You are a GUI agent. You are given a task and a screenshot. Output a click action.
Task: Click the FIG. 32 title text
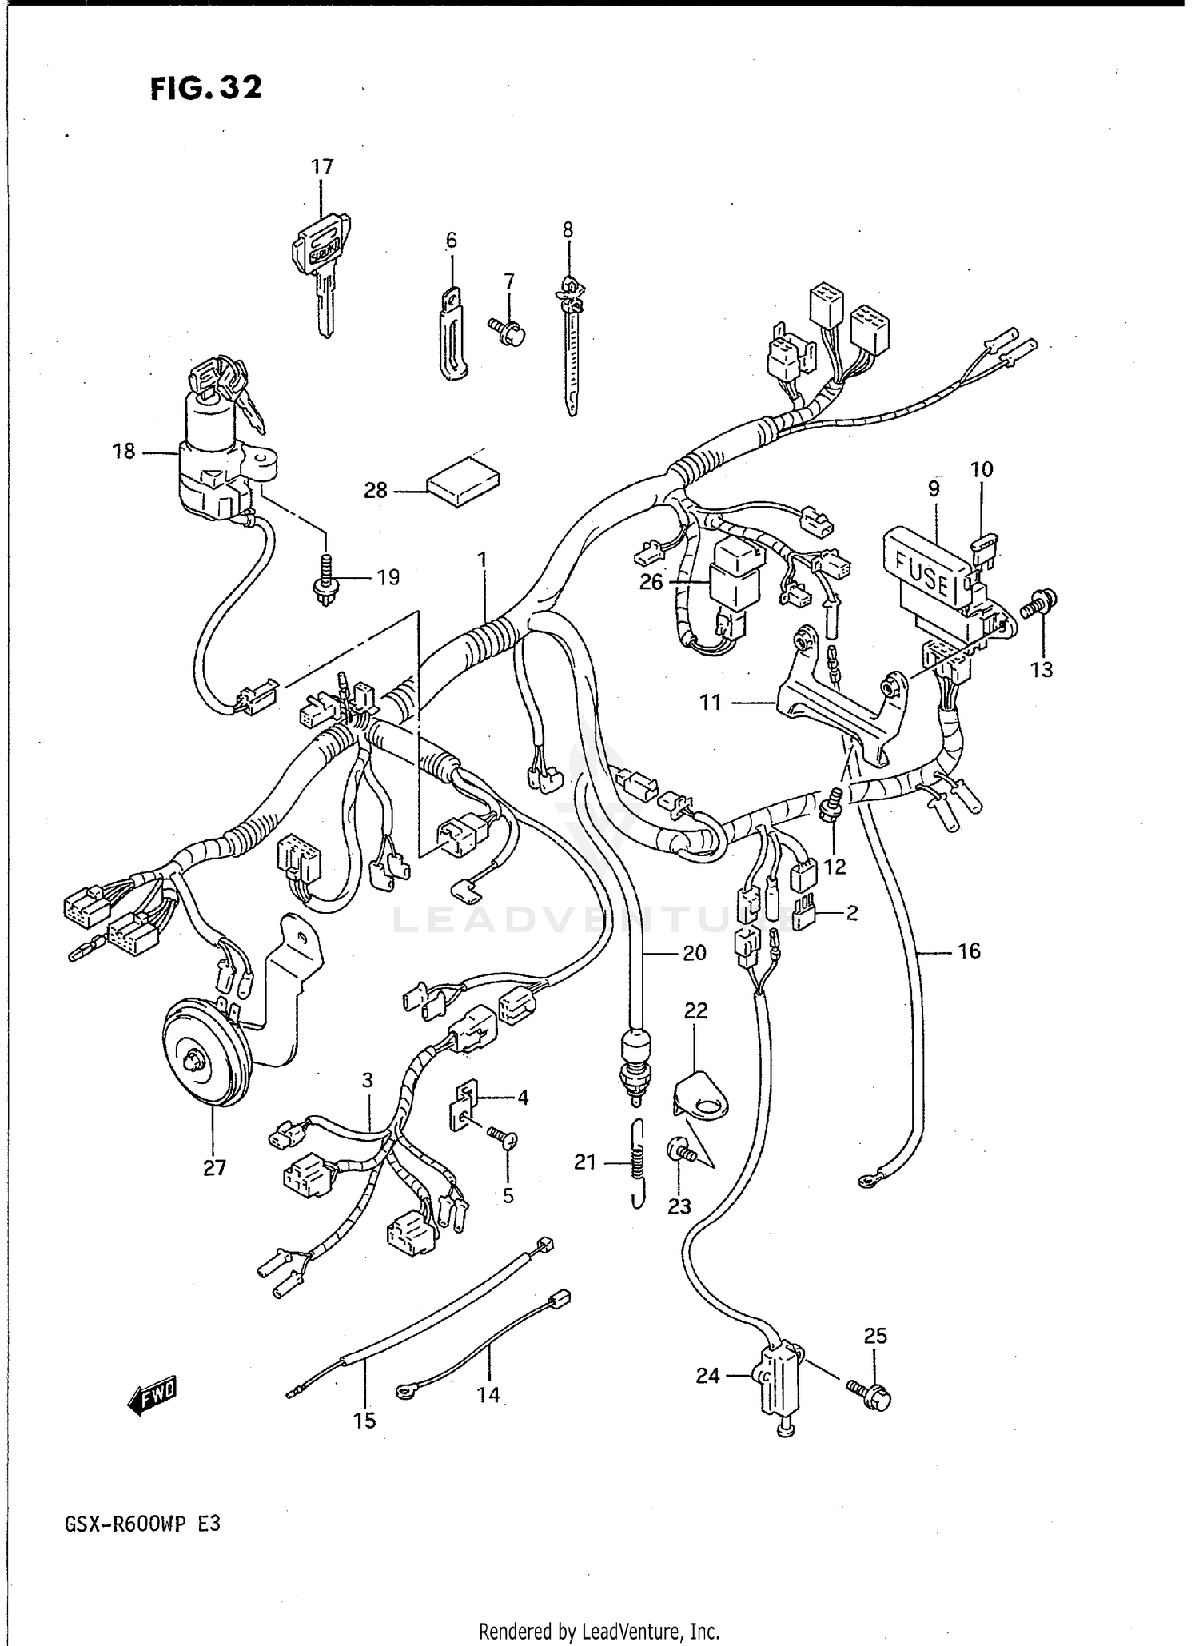coord(205,87)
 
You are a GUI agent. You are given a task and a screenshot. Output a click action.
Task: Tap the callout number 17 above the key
coord(321,167)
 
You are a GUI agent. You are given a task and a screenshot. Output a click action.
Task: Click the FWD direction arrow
coord(152,1397)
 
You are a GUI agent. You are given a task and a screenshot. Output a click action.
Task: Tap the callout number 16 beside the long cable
coord(968,951)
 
